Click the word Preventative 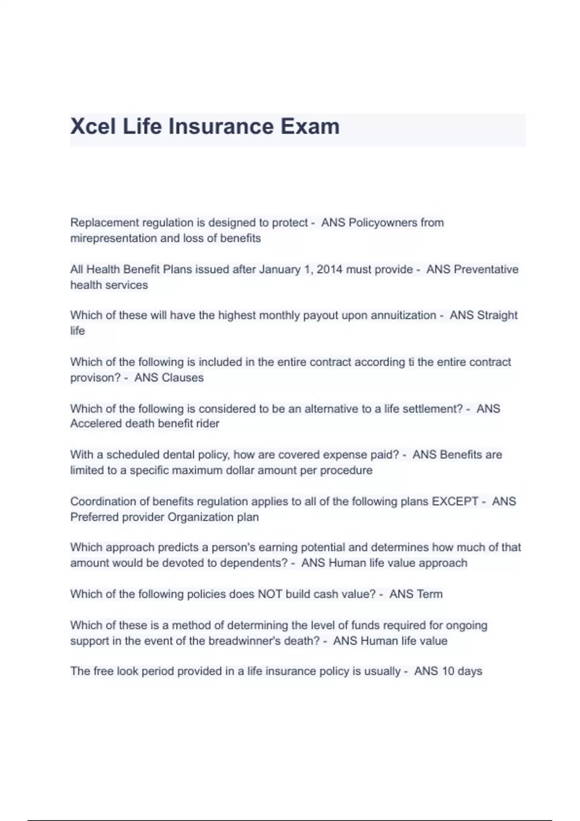486,269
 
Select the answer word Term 430,594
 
